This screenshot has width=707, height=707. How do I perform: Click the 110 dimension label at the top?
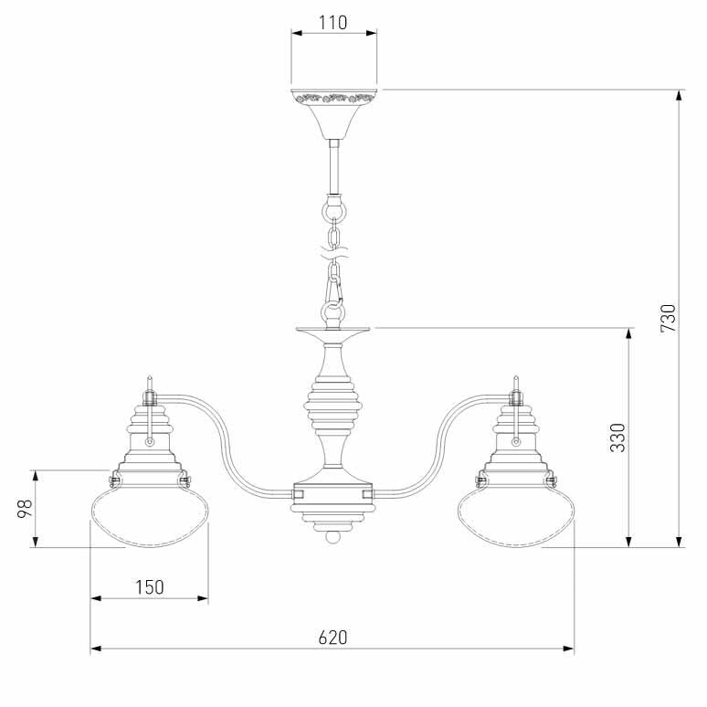[333, 23]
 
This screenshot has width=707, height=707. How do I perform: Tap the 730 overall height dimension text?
[669, 318]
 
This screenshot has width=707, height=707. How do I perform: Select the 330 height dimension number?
[617, 438]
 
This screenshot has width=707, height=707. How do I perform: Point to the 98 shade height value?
[26, 509]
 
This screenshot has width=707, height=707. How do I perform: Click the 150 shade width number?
[150, 587]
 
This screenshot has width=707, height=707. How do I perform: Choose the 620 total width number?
[333, 638]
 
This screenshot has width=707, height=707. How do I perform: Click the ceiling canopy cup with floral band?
[333, 113]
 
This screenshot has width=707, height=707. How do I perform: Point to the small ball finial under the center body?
[333, 537]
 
